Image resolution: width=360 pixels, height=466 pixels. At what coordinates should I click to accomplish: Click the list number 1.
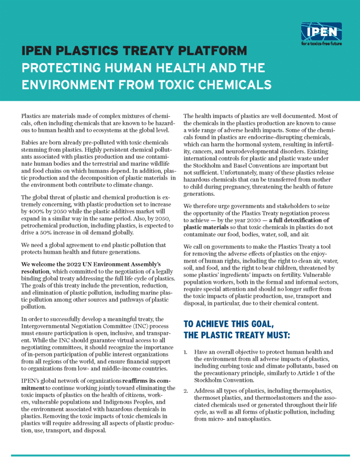pos(186,352)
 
